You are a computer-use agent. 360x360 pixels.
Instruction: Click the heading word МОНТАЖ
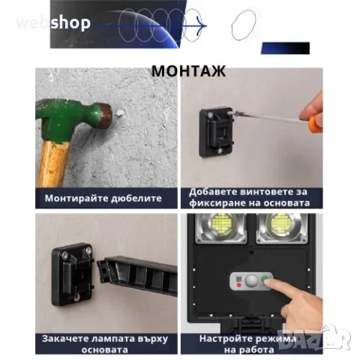[188, 71]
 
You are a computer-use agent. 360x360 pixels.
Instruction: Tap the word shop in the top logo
[70, 23]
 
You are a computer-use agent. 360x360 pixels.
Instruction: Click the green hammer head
[73, 118]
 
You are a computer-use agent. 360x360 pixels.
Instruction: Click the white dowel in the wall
[121, 112]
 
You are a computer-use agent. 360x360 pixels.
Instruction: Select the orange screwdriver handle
[316, 124]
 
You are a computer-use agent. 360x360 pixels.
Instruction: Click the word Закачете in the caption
[65, 339]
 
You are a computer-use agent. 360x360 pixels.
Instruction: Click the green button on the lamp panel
[264, 279]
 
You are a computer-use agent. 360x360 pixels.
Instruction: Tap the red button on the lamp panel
[238, 285]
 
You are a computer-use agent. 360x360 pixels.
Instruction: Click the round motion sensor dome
[251, 281]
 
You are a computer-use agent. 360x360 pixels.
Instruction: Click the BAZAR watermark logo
[314, 338]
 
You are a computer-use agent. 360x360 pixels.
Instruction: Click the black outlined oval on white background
[244, 25]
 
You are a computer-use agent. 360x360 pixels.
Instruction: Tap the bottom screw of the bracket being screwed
[220, 151]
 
